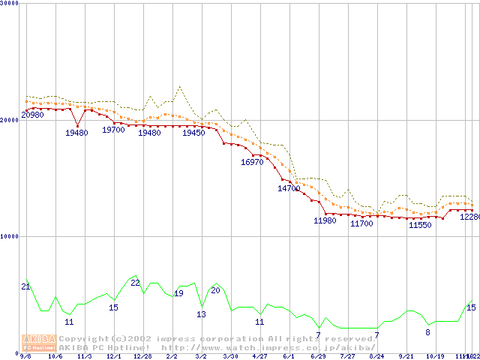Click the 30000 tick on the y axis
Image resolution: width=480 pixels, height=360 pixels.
click(x=10, y=3)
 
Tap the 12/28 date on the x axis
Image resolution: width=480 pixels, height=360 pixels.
click(x=142, y=356)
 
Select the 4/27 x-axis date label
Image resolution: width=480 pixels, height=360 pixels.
click(x=260, y=356)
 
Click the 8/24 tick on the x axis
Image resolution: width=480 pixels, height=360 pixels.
click(x=377, y=356)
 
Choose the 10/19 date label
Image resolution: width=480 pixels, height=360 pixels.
click(x=436, y=356)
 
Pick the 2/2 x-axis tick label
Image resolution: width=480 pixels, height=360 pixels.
click(x=172, y=356)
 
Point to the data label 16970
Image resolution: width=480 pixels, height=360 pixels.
click(x=252, y=162)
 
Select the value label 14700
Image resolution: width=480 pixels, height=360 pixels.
click(x=289, y=189)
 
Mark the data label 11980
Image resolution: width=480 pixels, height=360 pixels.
click(x=325, y=220)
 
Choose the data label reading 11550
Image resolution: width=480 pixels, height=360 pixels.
click(x=420, y=225)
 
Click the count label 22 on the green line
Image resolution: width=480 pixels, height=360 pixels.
click(x=135, y=283)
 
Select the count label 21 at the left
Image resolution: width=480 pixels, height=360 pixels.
click(x=25, y=286)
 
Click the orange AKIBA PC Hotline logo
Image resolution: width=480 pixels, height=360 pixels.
click(x=37, y=342)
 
